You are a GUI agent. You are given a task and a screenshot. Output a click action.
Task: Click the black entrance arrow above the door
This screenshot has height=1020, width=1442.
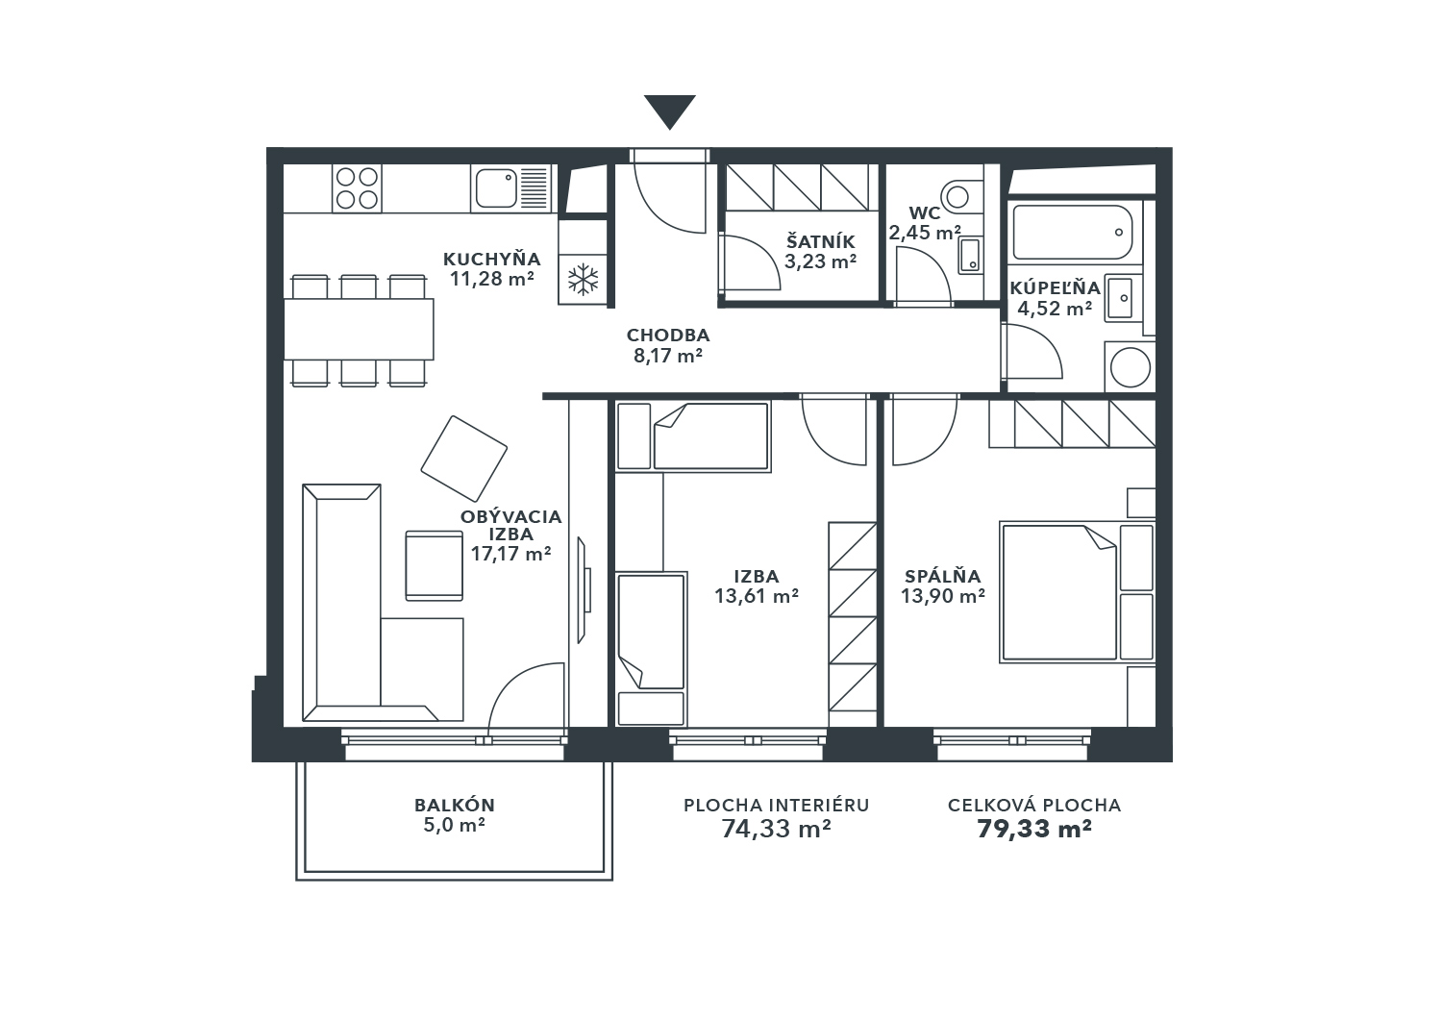click(669, 112)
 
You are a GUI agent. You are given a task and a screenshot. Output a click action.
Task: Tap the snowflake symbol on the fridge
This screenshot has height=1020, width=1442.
click(583, 280)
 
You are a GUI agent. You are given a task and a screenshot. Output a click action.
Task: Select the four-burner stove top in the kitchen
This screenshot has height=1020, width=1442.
click(357, 188)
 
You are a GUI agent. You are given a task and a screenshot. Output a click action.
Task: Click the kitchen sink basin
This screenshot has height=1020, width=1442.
click(496, 188)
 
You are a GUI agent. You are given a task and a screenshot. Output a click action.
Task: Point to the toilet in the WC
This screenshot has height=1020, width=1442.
click(961, 195)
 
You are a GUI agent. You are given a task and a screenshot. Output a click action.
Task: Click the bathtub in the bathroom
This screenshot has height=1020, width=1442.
click(1073, 232)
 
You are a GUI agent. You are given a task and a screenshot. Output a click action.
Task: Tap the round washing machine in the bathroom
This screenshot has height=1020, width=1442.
click(1131, 367)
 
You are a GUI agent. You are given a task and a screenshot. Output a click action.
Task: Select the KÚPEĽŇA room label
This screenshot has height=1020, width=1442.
click(1055, 287)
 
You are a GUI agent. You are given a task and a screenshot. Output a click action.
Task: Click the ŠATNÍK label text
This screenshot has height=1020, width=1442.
click(820, 242)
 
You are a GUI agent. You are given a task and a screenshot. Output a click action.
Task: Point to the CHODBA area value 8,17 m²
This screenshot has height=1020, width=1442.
click(667, 356)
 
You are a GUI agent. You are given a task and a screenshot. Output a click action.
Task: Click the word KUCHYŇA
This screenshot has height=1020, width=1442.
click(492, 259)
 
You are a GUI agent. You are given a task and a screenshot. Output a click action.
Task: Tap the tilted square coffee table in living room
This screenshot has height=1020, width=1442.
click(463, 459)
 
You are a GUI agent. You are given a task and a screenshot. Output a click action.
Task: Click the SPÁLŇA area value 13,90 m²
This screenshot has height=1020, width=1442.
click(942, 596)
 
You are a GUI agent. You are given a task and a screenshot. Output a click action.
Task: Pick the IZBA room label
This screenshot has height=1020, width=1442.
click(757, 576)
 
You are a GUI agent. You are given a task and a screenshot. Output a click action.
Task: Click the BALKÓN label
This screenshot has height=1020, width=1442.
click(455, 805)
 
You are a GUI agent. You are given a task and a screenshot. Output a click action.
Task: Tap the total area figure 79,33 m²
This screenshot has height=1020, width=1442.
click(1033, 829)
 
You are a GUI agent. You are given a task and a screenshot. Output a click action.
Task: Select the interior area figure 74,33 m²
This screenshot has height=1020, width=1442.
click(776, 829)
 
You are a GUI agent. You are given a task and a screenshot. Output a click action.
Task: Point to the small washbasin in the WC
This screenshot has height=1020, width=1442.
click(969, 255)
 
